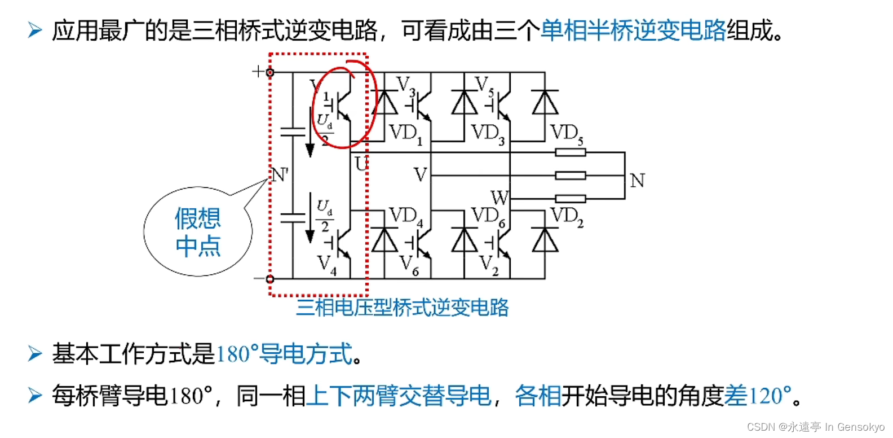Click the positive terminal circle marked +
(270, 72)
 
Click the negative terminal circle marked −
(270, 279)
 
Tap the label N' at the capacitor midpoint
(280, 175)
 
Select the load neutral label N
(637, 181)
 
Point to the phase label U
(361, 164)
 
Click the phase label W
(499, 198)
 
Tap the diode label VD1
(405, 134)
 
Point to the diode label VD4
(405, 216)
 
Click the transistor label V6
(409, 265)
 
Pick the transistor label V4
(326, 265)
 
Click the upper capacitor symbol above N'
(293, 132)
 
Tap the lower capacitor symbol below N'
(293, 217)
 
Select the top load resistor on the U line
(570, 152)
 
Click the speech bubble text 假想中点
(198, 232)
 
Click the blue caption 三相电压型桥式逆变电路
(403, 308)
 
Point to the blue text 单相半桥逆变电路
(633, 30)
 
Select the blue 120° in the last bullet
(769, 396)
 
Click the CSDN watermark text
(815, 427)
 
